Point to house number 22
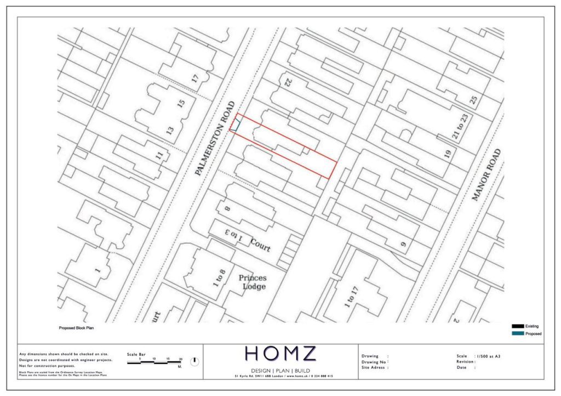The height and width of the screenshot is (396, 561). [286, 83]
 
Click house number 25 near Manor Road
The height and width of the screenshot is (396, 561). [473, 101]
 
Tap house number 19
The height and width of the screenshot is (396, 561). [447, 155]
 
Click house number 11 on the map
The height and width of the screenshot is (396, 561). [159, 155]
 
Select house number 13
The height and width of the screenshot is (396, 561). [170, 131]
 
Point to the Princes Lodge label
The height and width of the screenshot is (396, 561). [253, 282]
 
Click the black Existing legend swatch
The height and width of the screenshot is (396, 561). [517, 326]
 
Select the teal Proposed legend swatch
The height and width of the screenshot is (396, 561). [517, 333]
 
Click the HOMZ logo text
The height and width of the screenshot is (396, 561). [280, 354]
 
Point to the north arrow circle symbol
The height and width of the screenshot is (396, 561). [194, 361]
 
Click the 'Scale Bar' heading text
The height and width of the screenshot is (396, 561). [137, 355]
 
